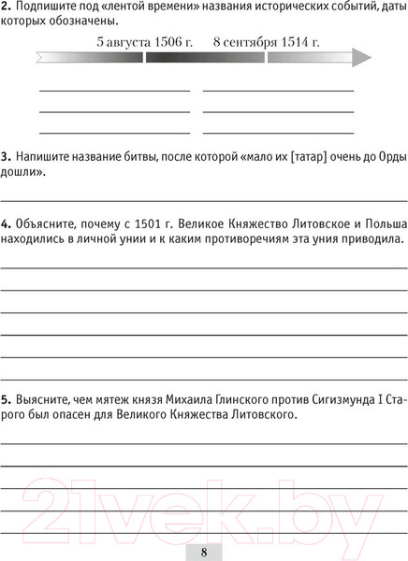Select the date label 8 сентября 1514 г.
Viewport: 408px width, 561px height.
click(x=267, y=41)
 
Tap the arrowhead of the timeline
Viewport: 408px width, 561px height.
click(x=361, y=57)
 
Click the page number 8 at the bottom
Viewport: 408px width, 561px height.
click(x=204, y=550)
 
